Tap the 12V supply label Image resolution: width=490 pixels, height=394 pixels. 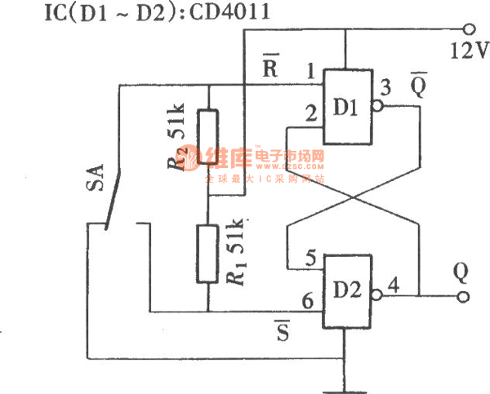click(469, 51)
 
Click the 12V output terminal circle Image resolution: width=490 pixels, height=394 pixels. click(468, 26)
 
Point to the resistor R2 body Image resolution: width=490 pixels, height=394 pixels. click(209, 139)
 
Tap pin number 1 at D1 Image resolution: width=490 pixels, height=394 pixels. click(311, 70)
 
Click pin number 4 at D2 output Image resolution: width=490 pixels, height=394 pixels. click(393, 286)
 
